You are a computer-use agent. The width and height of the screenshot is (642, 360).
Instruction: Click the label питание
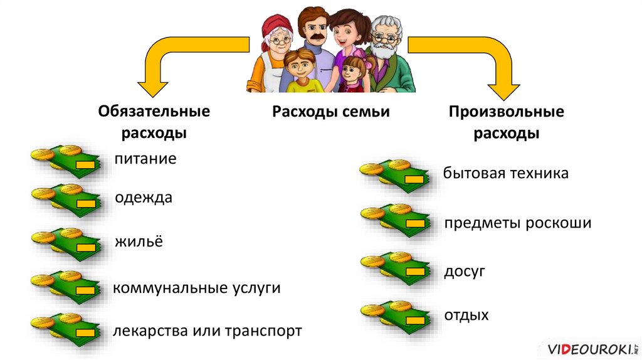point(145,159)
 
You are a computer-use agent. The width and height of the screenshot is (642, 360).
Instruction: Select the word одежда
point(143,198)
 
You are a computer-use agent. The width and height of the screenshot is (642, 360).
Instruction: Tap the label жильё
point(138,241)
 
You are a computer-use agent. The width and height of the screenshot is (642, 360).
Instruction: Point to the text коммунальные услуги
point(196,289)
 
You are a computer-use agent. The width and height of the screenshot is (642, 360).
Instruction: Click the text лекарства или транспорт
point(207,331)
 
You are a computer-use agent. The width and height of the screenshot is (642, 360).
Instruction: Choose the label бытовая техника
point(505,173)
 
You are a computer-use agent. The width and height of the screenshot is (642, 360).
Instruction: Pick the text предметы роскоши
point(518,223)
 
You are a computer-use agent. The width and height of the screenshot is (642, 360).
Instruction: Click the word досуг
point(465,272)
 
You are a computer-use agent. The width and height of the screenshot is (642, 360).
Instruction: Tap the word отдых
point(466,315)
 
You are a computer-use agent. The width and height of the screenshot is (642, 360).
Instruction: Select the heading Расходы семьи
point(331,112)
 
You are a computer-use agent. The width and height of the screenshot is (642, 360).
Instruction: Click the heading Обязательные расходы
point(154,122)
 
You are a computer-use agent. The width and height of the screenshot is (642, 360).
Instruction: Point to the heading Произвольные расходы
point(507,123)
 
